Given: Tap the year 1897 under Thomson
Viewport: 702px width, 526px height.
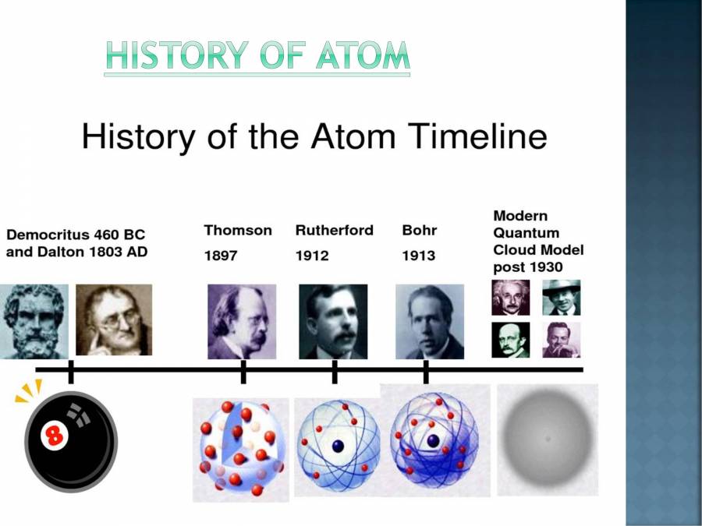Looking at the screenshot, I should pos(220,256).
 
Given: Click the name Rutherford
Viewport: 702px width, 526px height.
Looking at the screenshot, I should pos(334,231).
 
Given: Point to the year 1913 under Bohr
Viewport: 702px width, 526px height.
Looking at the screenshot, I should pos(418,256).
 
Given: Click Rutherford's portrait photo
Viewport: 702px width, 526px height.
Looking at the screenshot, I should pos(333,320).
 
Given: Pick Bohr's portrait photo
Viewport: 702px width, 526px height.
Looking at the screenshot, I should pos(430,320).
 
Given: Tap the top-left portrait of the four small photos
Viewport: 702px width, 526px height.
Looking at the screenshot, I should pos(510,297).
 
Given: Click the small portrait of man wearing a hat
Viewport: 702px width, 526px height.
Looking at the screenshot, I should pos(562,297).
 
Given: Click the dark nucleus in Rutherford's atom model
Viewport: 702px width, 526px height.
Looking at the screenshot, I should pos(338,446).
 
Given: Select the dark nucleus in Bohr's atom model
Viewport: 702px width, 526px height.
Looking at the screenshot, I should pos(433,440).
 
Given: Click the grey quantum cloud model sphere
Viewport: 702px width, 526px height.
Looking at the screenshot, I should pos(548,439).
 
